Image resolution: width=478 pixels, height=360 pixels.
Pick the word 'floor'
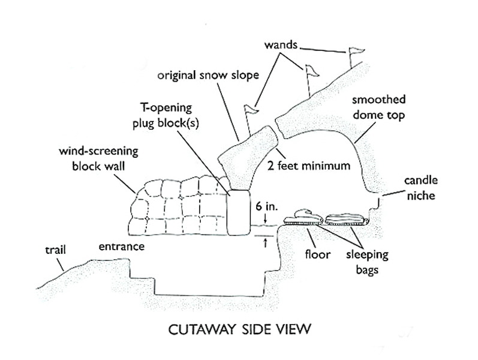pos(317,254)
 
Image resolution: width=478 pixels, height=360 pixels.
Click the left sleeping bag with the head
pos(303,218)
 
